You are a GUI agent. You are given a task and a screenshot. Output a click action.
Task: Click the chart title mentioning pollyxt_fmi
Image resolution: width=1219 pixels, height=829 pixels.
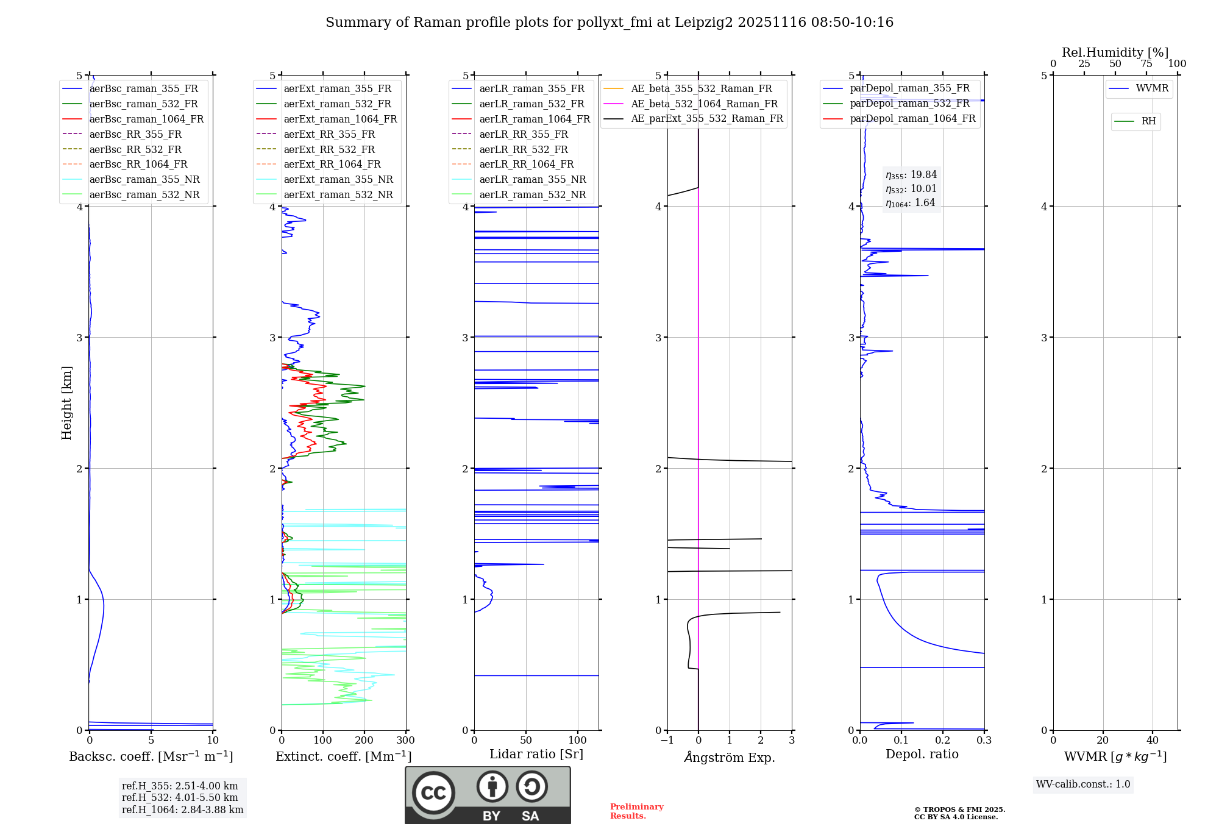609,23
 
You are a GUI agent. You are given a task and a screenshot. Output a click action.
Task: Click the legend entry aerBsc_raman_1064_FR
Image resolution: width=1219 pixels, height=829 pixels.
146,119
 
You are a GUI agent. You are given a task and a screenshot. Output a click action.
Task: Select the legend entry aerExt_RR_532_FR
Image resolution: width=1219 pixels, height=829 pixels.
329,149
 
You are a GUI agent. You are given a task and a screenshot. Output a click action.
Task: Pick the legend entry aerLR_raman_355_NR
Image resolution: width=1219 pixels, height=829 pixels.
532,180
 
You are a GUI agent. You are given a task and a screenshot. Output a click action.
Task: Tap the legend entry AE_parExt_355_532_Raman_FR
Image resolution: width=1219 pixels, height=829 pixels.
706,119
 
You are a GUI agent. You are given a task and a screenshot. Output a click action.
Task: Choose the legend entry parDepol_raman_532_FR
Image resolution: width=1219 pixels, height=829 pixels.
909,104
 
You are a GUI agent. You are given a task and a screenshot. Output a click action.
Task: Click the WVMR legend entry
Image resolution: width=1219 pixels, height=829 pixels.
1151,88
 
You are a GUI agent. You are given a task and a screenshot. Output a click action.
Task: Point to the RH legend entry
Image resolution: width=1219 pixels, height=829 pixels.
1148,121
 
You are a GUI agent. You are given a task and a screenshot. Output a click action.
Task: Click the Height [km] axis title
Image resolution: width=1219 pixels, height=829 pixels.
66,403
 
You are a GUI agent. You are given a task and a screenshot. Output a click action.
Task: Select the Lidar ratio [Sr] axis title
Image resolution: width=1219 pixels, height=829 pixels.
536,755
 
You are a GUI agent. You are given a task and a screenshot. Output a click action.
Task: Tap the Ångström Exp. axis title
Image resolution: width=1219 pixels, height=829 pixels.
730,758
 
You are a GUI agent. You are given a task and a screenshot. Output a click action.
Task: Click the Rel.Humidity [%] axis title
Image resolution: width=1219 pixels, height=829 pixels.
1115,52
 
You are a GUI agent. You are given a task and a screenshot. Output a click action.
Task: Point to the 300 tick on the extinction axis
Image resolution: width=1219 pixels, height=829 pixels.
405,741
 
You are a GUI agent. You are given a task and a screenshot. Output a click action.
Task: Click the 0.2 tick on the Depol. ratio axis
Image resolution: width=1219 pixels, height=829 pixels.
943,741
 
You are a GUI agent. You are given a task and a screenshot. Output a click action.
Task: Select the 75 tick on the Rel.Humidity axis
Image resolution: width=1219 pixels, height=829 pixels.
1146,64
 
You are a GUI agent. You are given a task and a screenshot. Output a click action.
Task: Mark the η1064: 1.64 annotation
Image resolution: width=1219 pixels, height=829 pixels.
911,203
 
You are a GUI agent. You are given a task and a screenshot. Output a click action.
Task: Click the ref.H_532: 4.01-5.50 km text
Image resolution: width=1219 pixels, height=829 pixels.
180,797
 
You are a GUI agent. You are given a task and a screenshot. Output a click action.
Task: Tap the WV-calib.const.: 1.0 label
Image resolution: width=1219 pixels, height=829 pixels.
1083,785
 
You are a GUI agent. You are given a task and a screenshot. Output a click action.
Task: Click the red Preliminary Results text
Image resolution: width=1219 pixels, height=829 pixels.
636,811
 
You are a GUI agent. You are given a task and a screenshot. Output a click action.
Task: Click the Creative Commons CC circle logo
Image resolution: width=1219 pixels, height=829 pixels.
433,793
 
